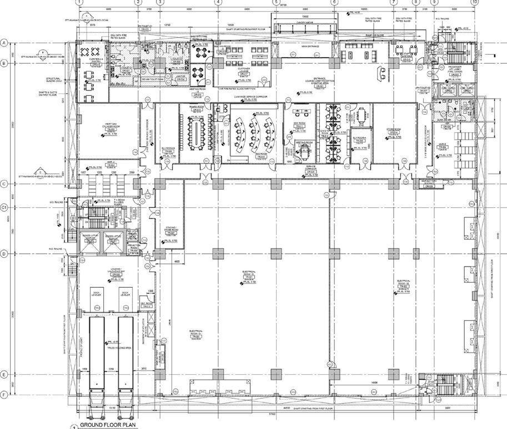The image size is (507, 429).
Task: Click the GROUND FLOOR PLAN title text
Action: (x=106, y=425)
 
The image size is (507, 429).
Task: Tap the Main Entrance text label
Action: (x=310, y=47)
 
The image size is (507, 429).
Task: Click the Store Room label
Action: (x=393, y=131)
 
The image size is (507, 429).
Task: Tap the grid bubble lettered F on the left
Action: (x=5, y=395)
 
